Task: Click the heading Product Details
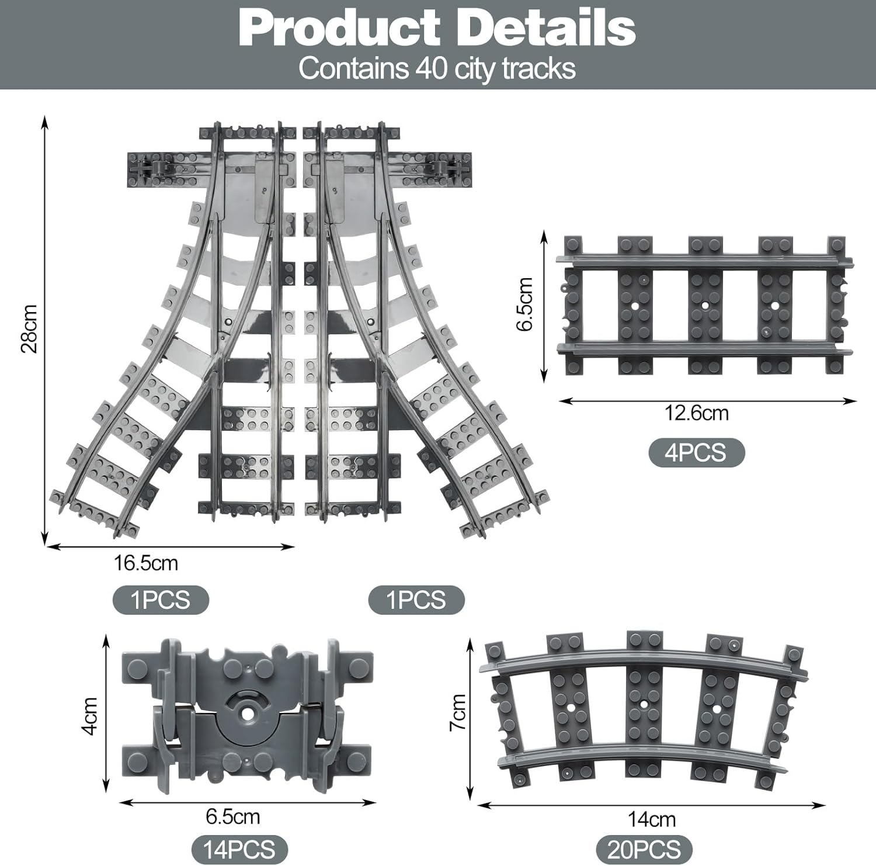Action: point(437,28)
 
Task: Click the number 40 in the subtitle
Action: point(432,68)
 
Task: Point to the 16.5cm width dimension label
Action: point(145,563)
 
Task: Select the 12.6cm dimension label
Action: point(697,413)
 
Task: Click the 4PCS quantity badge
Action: point(697,453)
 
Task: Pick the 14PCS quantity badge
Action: point(240,849)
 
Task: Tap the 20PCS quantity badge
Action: point(644,849)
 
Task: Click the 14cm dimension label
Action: point(652,819)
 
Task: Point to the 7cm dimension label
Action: point(458,712)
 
